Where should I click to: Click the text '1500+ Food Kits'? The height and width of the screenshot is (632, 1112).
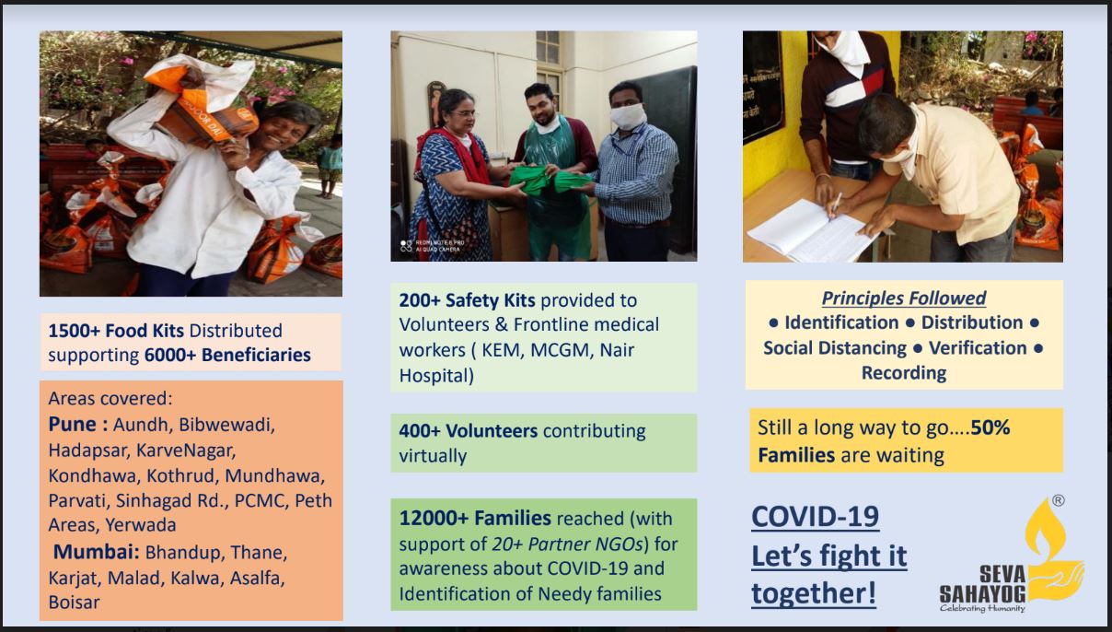click(116, 331)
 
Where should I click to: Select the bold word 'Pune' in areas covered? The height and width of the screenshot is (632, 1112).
click(72, 425)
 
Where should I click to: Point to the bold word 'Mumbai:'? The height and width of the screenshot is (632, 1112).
click(97, 552)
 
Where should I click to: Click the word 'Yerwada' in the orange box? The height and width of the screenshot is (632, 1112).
click(141, 525)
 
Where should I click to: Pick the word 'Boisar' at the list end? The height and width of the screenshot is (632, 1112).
click(74, 603)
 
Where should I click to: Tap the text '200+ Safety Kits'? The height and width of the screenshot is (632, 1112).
click(467, 300)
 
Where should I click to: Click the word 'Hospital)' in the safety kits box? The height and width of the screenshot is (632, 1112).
click(436, 376)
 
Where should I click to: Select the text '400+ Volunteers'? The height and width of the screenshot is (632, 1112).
click(469, 431)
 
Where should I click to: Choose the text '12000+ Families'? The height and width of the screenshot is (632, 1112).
click(475, 518)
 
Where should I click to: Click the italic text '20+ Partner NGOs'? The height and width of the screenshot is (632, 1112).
click(567, 544)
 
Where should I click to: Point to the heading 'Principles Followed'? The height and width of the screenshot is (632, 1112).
click(904, 298)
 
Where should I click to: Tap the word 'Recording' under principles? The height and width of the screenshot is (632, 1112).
click(904, 373)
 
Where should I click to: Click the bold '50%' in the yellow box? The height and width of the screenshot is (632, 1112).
click(990, 427)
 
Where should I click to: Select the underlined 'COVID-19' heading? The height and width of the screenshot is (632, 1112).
click(816, 517)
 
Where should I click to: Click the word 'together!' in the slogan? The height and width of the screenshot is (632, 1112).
click(814, 593)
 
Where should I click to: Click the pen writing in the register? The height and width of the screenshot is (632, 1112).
click(835, 205)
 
